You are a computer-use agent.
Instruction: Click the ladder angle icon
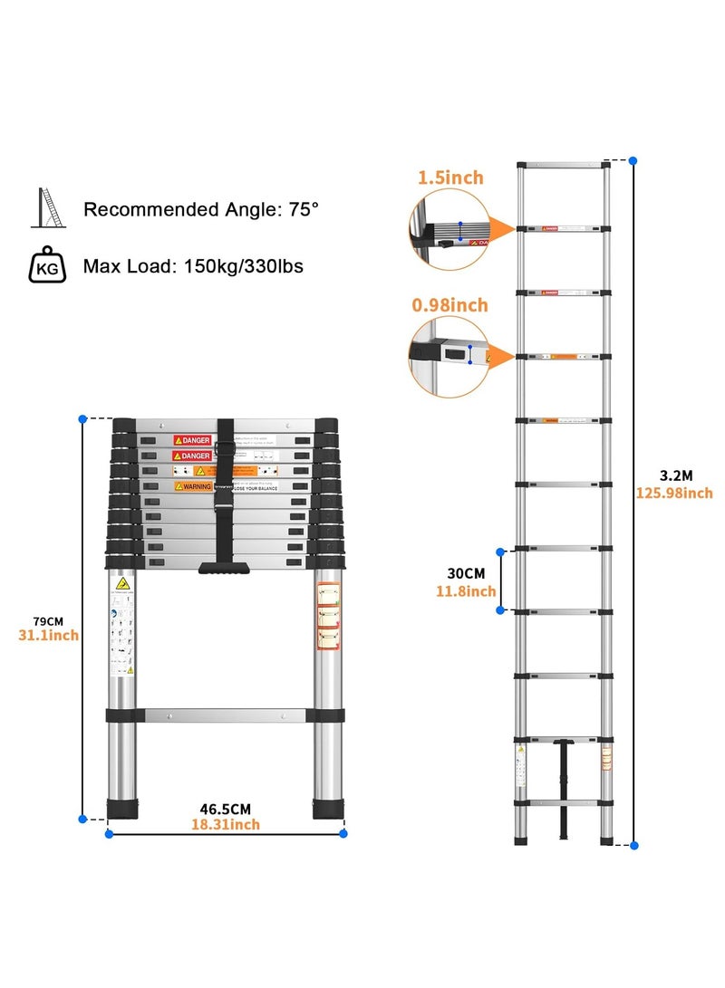[x=48, y=209]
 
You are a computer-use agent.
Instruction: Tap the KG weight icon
[x=47, y=266]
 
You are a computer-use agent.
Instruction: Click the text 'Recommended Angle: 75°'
[x=201, y=210]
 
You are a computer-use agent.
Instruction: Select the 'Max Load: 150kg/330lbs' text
[x=193, y=266]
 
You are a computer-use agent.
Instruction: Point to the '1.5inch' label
[x=450, y=177]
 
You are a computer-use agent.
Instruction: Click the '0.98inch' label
[x=449, y=305]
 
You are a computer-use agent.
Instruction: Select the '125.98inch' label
[x=673, y=493]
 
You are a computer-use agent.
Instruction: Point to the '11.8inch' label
[x=466, y=591]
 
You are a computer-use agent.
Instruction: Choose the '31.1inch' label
[x=47, y=635]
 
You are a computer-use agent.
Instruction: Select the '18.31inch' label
[x=225, y=824]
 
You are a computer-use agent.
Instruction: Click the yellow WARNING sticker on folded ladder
[x=193, y=486]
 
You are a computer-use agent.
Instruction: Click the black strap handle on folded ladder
[x=225, y=568]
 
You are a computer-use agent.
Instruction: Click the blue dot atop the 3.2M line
[x=633, y=160]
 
